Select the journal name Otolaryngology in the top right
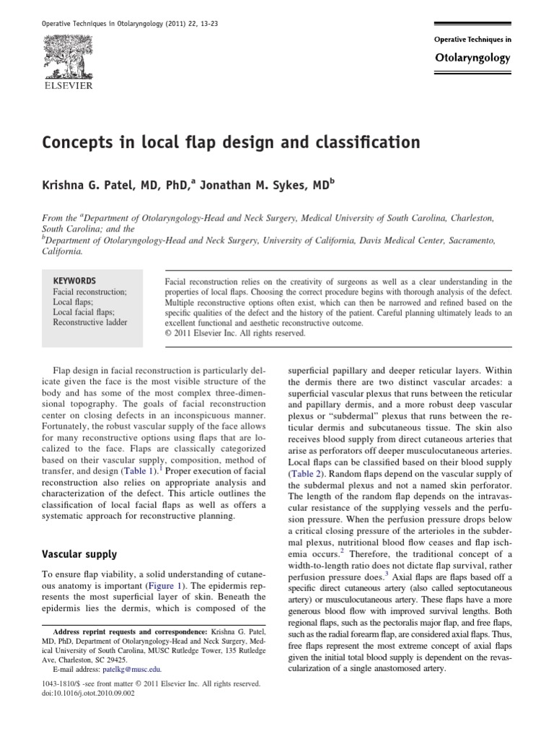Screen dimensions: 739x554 pyautogui.click(x=472, y=57)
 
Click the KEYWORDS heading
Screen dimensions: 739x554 pyautogui.click(x=74, y=281)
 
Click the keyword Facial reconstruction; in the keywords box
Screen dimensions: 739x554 pyautogui.click(x=89, y=292)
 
